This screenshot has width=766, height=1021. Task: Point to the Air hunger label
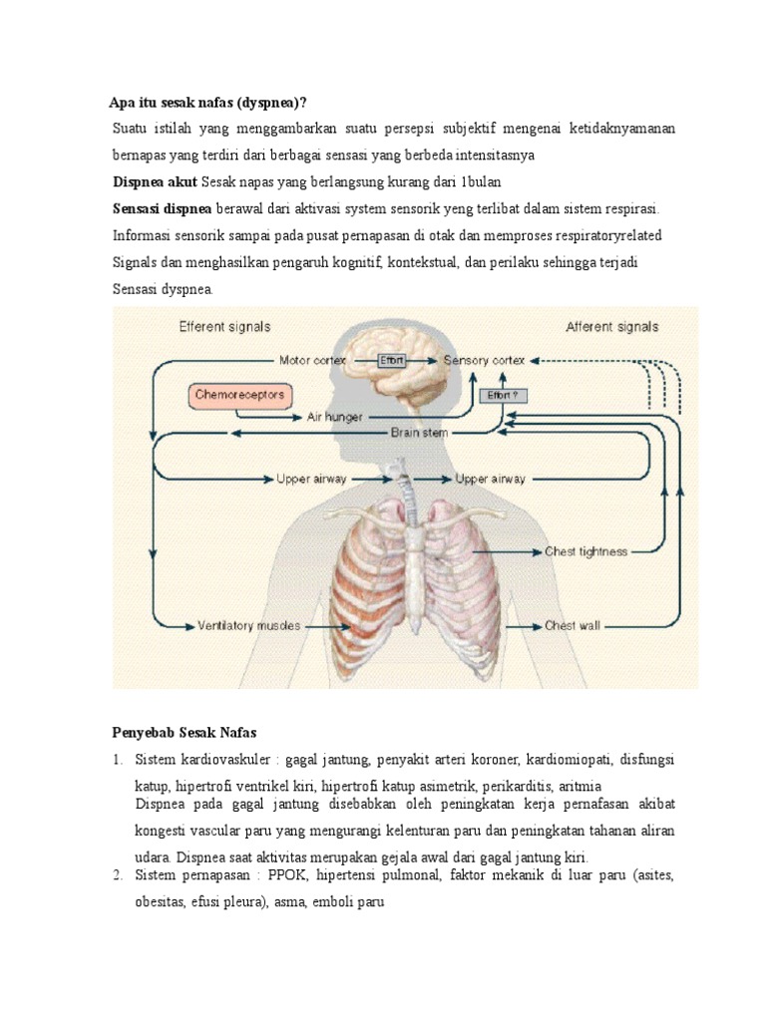pyautogui.click(x=335, y=416)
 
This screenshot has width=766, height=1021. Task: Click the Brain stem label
pyautogui.click(x=419, y=433)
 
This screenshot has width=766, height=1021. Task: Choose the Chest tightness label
pyautogui.click(x=585, y=551)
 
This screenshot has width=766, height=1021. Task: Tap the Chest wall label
pyautogui.click(x=573, y=626)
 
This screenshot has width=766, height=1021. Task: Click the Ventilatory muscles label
pyautogui.click(x=248, y=626)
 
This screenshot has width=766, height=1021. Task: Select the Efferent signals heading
pyautogui.click(x=224, y=326)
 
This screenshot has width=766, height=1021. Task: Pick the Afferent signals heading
pyautogui.click(x=611, y=326)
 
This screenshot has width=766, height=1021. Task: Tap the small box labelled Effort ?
pyautogui.click(x=503, y=395)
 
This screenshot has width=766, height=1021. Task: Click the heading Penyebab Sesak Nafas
pyautogui.click(x=184, y=733)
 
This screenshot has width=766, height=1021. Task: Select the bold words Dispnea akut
pyautogui.click(x=154, y=182)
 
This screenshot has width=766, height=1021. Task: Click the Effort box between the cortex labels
pyautogui.click(x=392, y=360)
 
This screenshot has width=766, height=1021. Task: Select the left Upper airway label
pyautogui.click(x=311, y=479)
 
